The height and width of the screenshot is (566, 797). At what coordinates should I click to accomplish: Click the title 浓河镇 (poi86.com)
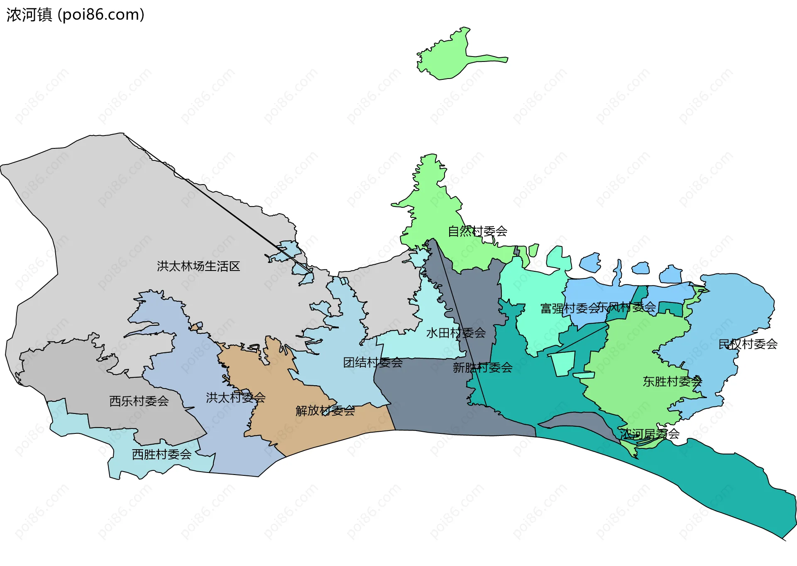click(75, 15)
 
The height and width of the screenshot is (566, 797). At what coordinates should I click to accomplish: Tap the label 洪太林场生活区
click(198, 266)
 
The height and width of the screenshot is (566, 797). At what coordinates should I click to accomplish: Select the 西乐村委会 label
click(139, 401)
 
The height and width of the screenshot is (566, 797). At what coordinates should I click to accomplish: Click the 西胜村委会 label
click(161, 455)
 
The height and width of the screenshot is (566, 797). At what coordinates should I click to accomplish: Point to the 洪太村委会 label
click(235, 398)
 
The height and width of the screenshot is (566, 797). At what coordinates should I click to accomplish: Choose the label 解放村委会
click(325, 411)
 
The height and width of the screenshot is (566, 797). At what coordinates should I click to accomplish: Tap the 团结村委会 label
click(373, 363)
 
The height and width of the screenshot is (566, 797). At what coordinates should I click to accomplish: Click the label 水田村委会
click(456, 333)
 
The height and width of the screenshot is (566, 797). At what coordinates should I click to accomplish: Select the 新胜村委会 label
click(482, 368)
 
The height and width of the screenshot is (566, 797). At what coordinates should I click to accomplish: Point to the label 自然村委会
click(477, 231)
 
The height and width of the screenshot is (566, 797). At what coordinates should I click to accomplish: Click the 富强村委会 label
click(570, 308)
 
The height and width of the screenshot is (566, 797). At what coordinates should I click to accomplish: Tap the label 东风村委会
click(627, 308)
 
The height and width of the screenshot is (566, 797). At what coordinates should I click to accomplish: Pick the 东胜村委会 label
click(672, 381)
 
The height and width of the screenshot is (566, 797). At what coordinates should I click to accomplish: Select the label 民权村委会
click(748, 344)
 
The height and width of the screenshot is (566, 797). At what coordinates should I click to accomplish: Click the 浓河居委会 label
click(650, 434)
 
